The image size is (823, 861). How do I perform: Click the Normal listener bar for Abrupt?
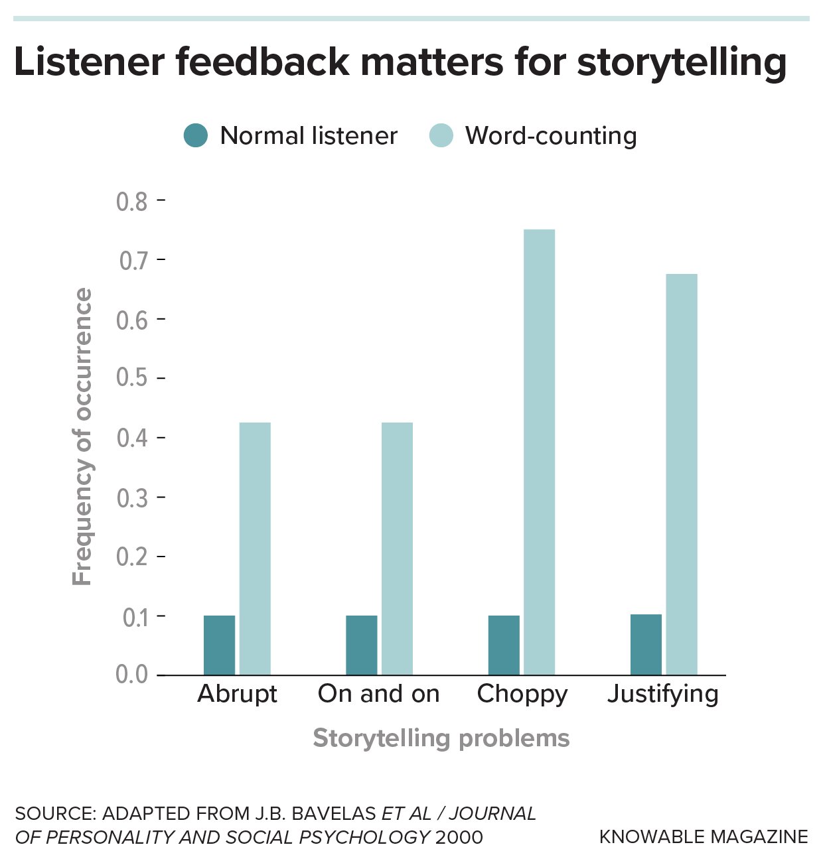click(x=219, y=645)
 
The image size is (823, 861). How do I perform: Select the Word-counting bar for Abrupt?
click(x=255, y=549)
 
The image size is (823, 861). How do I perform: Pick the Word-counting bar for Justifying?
click(x=682, y=474)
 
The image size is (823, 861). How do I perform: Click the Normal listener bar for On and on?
click(x=362, y=645)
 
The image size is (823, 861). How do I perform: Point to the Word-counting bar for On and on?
click(x=397, y=549)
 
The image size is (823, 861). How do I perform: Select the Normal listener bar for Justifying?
click(x=646, y=644)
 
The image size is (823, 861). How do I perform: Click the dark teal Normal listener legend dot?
click(x=196, y=136)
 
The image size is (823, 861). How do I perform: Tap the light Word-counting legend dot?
click(x=441, y=136)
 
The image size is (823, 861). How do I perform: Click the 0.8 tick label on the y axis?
click(x=132, y=202)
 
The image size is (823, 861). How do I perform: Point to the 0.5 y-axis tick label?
click(x=132, y=377)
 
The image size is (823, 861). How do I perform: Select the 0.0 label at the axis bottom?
click(x=132, y=675)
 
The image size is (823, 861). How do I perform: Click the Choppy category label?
click(x=522, y=694)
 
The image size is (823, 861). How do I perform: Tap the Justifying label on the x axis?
click(x=663, y=694)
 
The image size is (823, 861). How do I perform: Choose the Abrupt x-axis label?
click(x=238, y=694)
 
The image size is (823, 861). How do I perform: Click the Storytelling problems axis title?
click(x=441, y=738)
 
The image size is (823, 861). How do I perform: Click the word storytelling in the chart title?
click(x=682, y=63)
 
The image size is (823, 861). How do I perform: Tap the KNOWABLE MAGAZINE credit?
click(x=704, y=837)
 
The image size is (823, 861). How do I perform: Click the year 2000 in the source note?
click(x=459, y=837)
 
